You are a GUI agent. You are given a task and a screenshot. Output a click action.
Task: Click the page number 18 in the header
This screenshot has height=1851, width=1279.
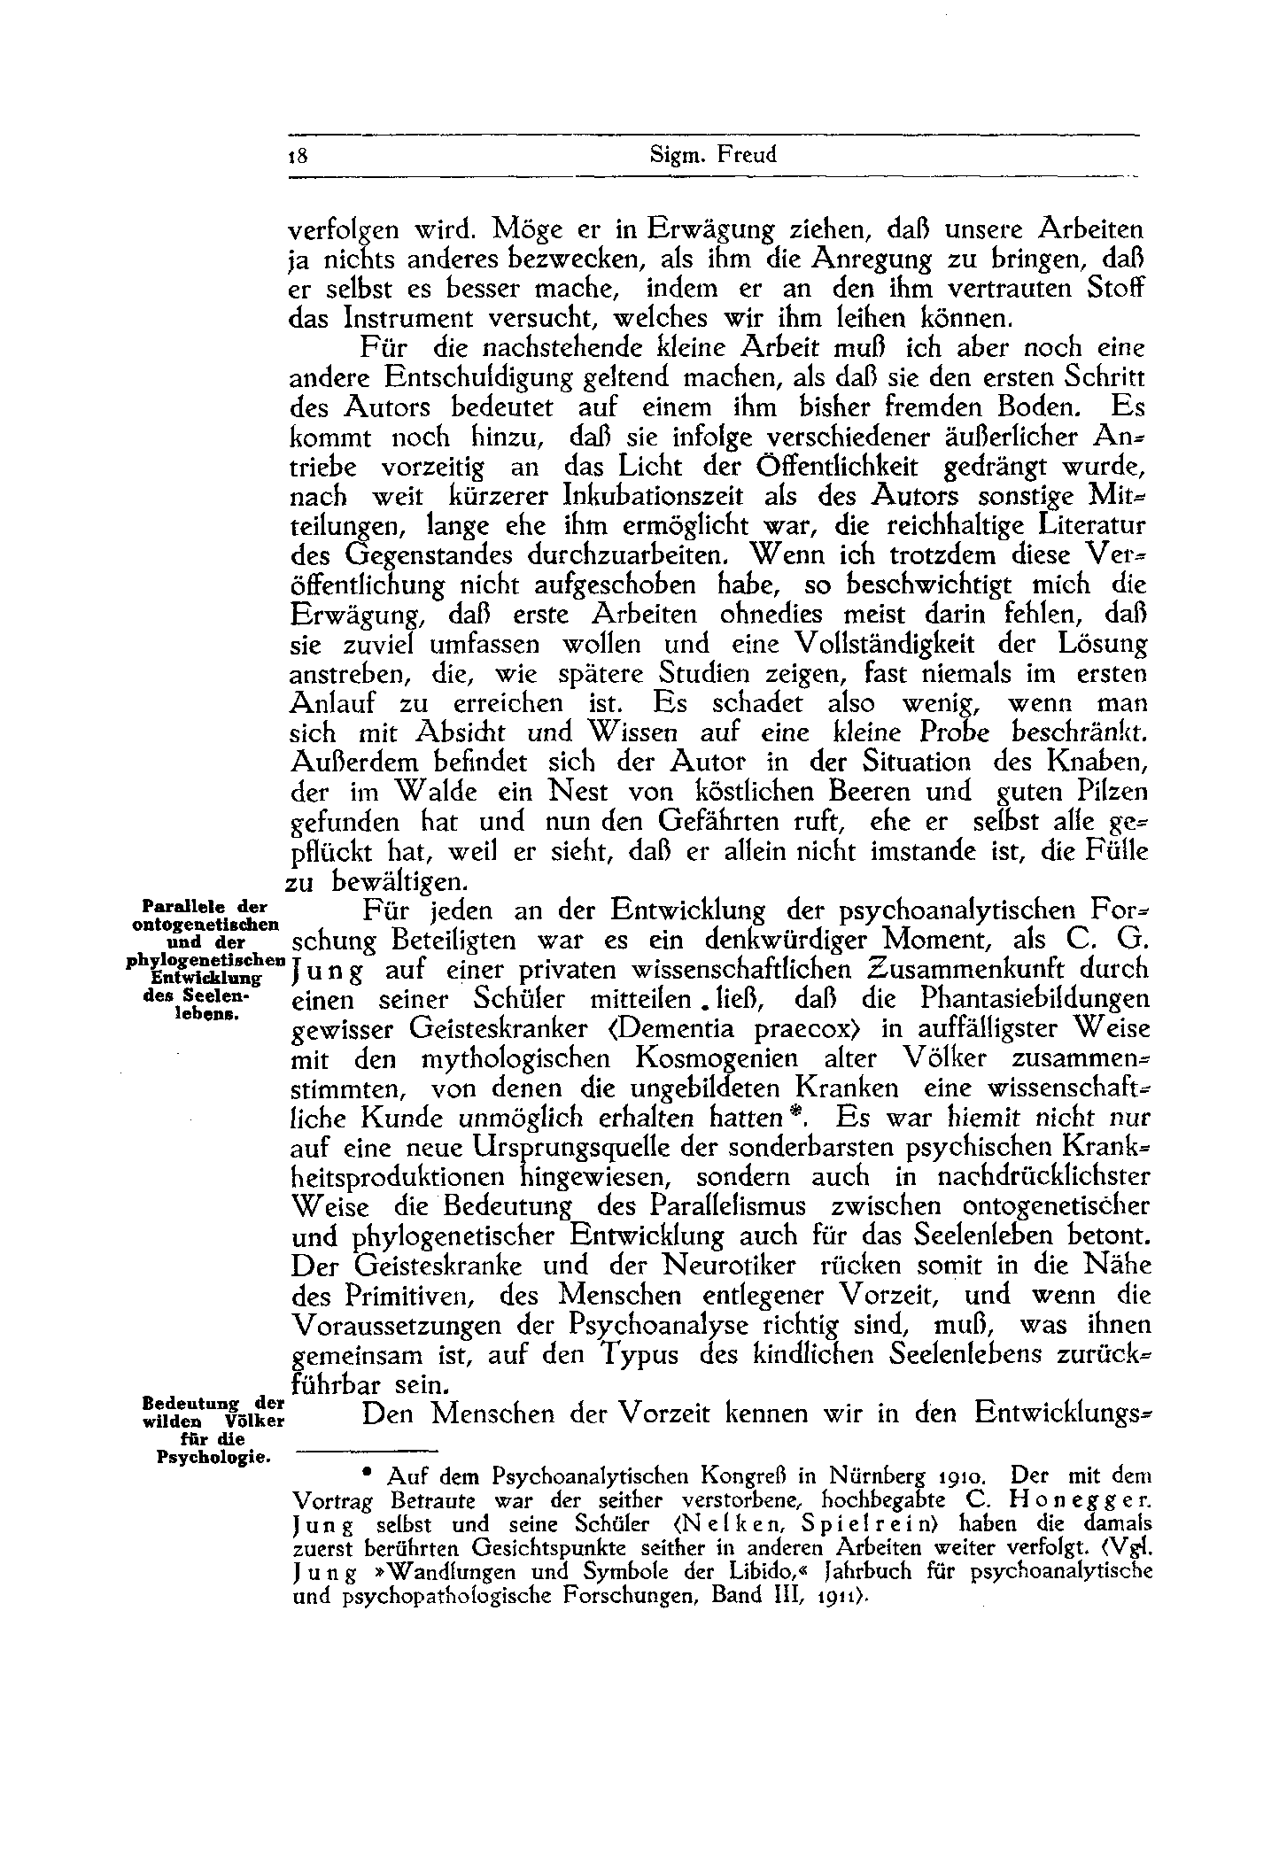click(x=298, y=156)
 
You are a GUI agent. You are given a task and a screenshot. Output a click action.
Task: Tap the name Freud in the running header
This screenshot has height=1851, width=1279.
click(x=747, y=155)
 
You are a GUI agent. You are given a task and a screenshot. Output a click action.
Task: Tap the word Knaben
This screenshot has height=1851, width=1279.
click(x=1097, y=762)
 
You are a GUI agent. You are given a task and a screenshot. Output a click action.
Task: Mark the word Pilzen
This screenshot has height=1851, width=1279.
click(x=1112, y=791)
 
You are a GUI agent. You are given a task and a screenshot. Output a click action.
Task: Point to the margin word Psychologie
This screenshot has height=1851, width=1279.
click(x=212, y=1458)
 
